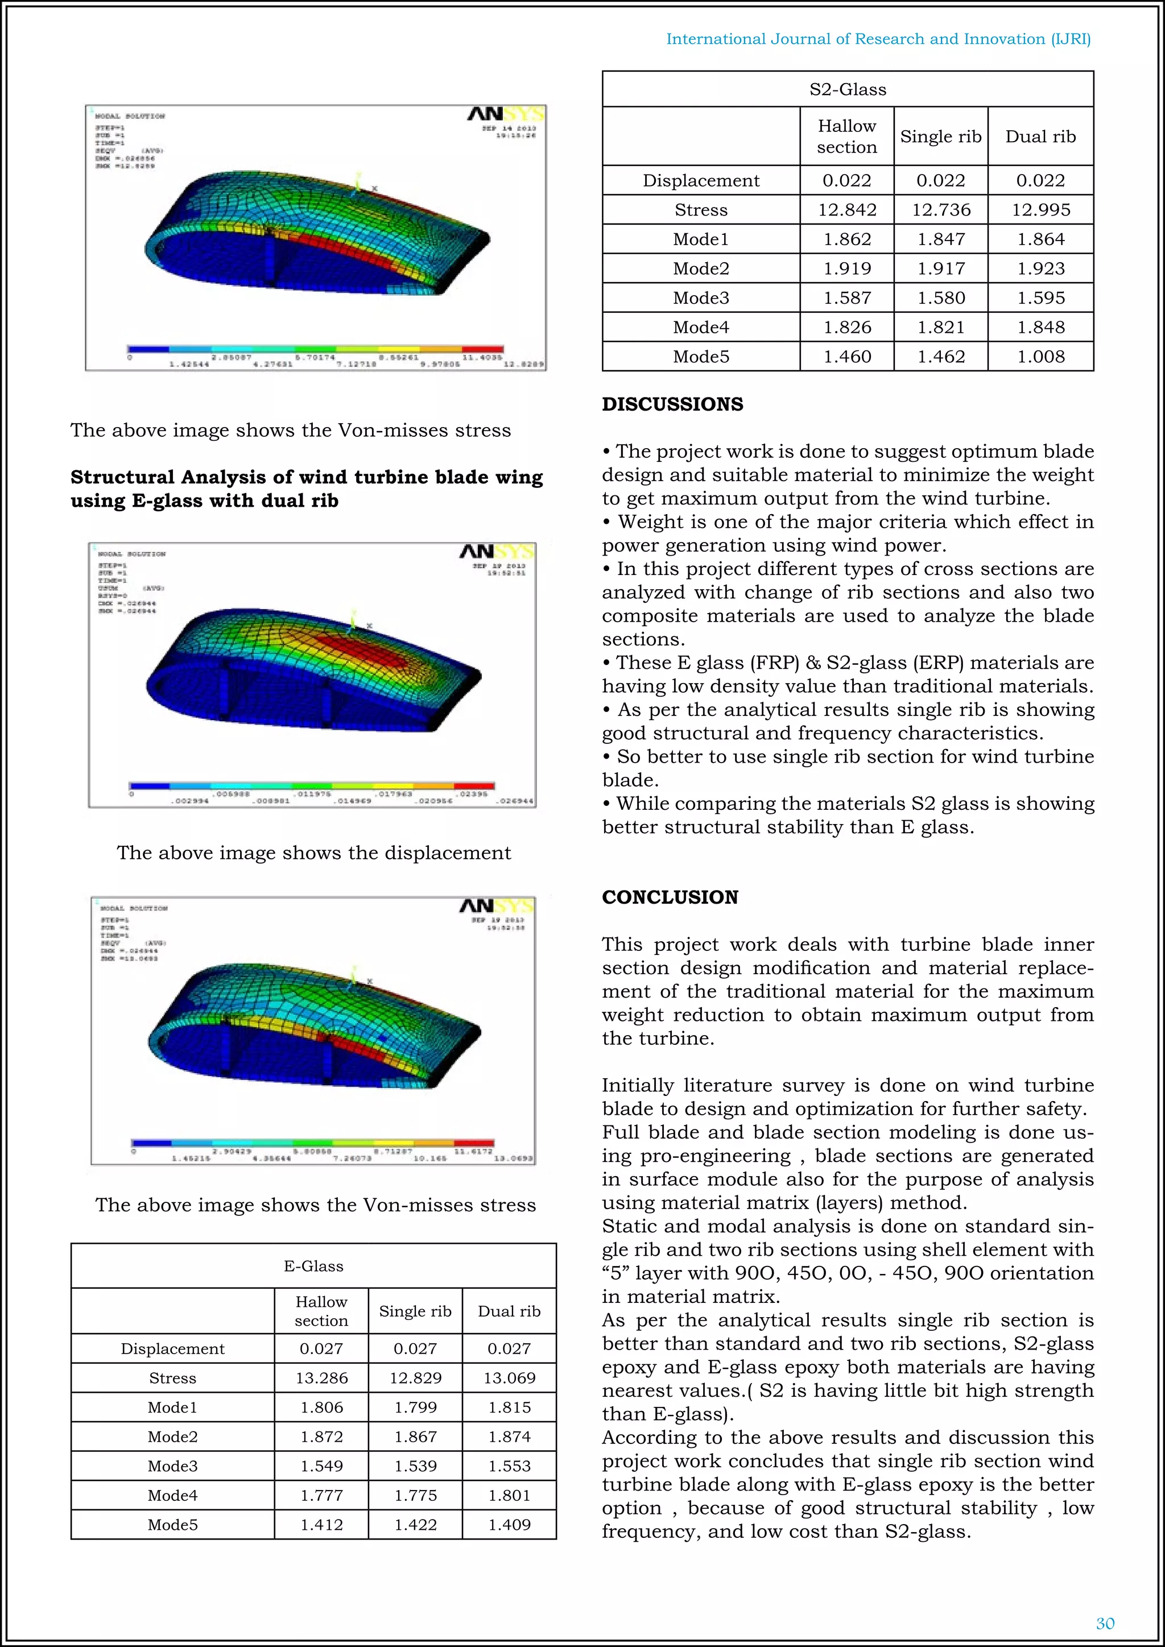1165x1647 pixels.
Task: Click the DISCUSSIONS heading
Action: (x=672, y=404)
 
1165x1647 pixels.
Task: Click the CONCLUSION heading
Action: (x=670, y=897)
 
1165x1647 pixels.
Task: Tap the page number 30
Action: (x=1105, y=1623)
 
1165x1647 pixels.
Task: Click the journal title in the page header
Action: (x=878, y=39)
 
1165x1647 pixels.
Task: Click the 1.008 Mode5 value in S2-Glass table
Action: (x=1040, y=356)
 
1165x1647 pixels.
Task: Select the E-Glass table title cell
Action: (x=313, y=1266)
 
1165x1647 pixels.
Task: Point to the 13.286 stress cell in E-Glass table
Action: (x=321, y=1377)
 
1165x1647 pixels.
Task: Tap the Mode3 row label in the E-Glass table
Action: (x=172, y=1466)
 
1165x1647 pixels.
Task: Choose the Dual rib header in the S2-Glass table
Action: (x=1040, y=136)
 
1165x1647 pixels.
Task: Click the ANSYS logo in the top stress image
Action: (x=505, y=114)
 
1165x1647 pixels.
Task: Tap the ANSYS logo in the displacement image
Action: (x=497, y=551)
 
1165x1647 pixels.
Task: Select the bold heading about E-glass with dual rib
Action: (x=306, y=489)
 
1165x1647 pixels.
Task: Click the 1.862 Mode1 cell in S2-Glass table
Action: (x=846, y=239)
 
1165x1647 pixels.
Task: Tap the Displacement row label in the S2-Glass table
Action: (x=700, y=180)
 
